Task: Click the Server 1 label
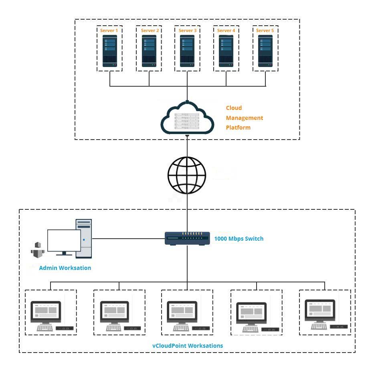click(109, 30)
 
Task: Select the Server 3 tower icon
click(188, 51)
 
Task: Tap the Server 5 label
click(265, 30)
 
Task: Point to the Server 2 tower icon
click(149, 51)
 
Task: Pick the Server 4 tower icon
click(226, 51)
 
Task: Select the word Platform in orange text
click(238, 128)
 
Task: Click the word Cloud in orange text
click(234, 108)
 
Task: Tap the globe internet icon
click(187, 175)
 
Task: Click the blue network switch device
click(187, 238)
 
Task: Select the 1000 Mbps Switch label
click(239, 239)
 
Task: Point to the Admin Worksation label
click(65, 268)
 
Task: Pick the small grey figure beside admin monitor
click(38, 250)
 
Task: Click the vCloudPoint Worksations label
click(188, 345)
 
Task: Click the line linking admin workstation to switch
click(128, 239)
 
